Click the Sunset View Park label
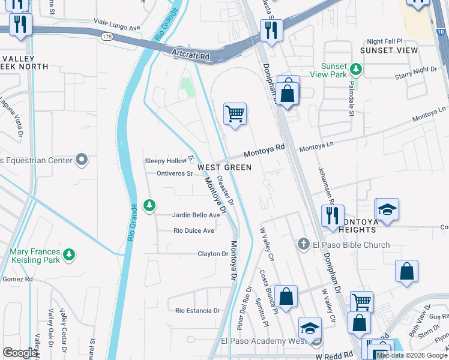328,70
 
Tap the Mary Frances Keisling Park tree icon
70,255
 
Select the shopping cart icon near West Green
235,113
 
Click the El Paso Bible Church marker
304,245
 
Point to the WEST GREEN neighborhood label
224,167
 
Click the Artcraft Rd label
190,54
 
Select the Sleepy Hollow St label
170,160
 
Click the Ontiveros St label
174,174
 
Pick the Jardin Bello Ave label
196,215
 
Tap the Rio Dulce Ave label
193,230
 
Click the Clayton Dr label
213,254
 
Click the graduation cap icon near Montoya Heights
387,209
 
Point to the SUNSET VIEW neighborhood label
388,50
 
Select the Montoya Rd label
268,147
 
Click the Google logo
20,353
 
